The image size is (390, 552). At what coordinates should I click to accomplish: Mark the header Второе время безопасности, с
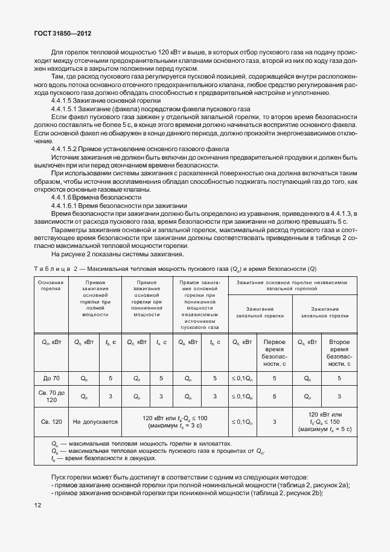[x=339, y=353]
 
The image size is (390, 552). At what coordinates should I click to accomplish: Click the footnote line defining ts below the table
[x=103, y=458]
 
